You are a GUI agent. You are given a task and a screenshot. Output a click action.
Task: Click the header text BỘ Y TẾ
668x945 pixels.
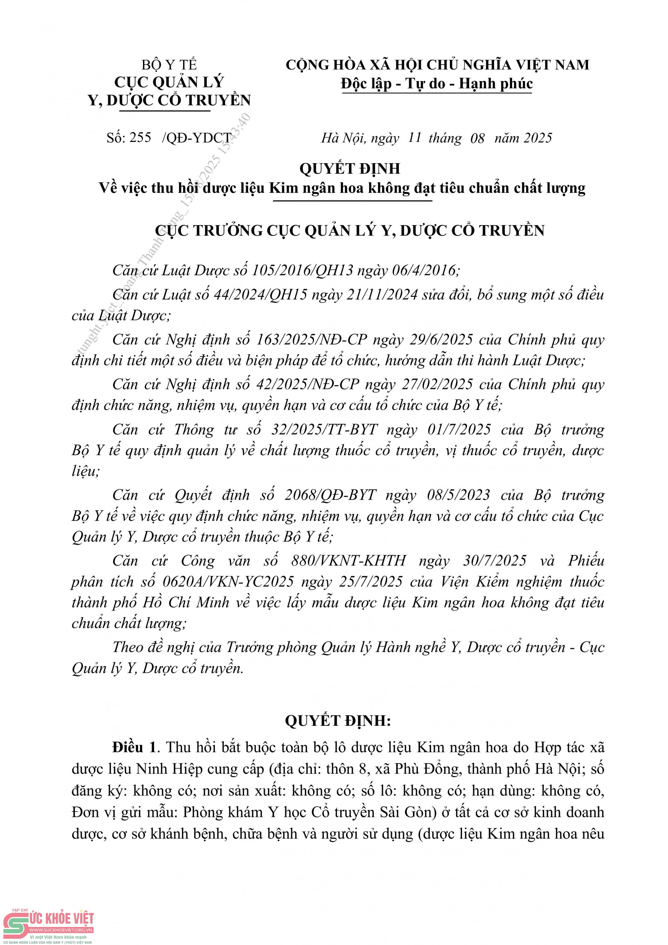coord(169,65)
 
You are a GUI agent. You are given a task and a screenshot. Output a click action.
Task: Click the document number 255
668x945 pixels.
coord(140,137)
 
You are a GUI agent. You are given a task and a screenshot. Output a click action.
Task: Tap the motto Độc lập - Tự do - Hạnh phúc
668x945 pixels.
coord(437,84)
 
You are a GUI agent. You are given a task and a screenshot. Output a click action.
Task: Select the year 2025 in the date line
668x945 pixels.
coord(538,138)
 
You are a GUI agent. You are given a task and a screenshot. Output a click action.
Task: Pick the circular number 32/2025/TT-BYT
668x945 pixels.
coord(324,430)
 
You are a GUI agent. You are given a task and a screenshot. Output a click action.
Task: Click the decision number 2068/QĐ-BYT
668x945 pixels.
coord(331,495)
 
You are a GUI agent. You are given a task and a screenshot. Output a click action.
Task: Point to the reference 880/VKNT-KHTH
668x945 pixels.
coord(349,561)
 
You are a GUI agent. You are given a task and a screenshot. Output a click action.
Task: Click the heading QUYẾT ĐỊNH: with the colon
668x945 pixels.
coord(337,721)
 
